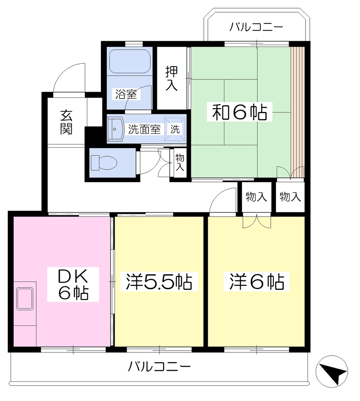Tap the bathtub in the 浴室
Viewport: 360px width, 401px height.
[x=130, y=61]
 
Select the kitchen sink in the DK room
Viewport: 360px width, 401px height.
[x=25, y=299]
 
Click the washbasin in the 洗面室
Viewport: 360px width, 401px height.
[x=115, y=129]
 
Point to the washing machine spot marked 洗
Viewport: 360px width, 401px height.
[x=175, y=129]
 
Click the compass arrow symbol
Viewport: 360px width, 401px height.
[x=332, y=371]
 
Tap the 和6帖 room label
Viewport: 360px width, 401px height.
[x=239, y=112]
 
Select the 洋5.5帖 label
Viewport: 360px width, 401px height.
[x=159, y=281]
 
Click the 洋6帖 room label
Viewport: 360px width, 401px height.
[x=257, y=281]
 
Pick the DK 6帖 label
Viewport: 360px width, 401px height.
[x=73, y=284]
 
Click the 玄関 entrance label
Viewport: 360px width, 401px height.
[x=67, y=122]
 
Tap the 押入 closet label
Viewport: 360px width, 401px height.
[x=171, y=78]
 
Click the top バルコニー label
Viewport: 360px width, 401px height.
[x=256, y=27]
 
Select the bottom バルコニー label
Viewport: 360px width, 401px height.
[x=159, y=367]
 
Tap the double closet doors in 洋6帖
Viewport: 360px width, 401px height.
[x=257, y=221]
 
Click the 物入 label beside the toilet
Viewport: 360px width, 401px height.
[x=180, y=162]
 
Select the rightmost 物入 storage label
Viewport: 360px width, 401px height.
[x=290, y=197]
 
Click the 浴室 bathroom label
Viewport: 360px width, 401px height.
[x=126, y=94]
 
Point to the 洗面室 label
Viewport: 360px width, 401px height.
[x=144, y=129]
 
